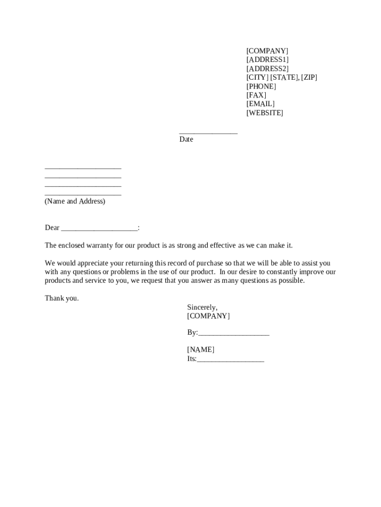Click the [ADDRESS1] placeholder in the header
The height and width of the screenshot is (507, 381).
267,60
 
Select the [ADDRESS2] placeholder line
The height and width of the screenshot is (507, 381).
267,69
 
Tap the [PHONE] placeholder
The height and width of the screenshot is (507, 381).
261,87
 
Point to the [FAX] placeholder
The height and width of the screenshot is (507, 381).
256,95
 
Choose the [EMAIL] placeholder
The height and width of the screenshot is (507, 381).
260,104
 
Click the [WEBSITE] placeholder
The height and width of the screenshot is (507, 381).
265,113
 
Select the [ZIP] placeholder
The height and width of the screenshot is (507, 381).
309,78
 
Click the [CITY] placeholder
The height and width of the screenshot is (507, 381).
257,78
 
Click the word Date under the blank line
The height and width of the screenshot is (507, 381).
186,140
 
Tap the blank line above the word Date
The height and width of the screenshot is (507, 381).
208,132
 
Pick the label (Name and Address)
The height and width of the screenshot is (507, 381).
75,202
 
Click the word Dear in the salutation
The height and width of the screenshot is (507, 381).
52,228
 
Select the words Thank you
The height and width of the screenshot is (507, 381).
61,299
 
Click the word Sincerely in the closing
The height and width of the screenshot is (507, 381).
202,307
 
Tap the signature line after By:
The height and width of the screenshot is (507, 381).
234,335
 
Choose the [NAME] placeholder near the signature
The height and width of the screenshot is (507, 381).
200,350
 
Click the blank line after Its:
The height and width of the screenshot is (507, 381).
231,361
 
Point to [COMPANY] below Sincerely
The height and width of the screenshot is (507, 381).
208,316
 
